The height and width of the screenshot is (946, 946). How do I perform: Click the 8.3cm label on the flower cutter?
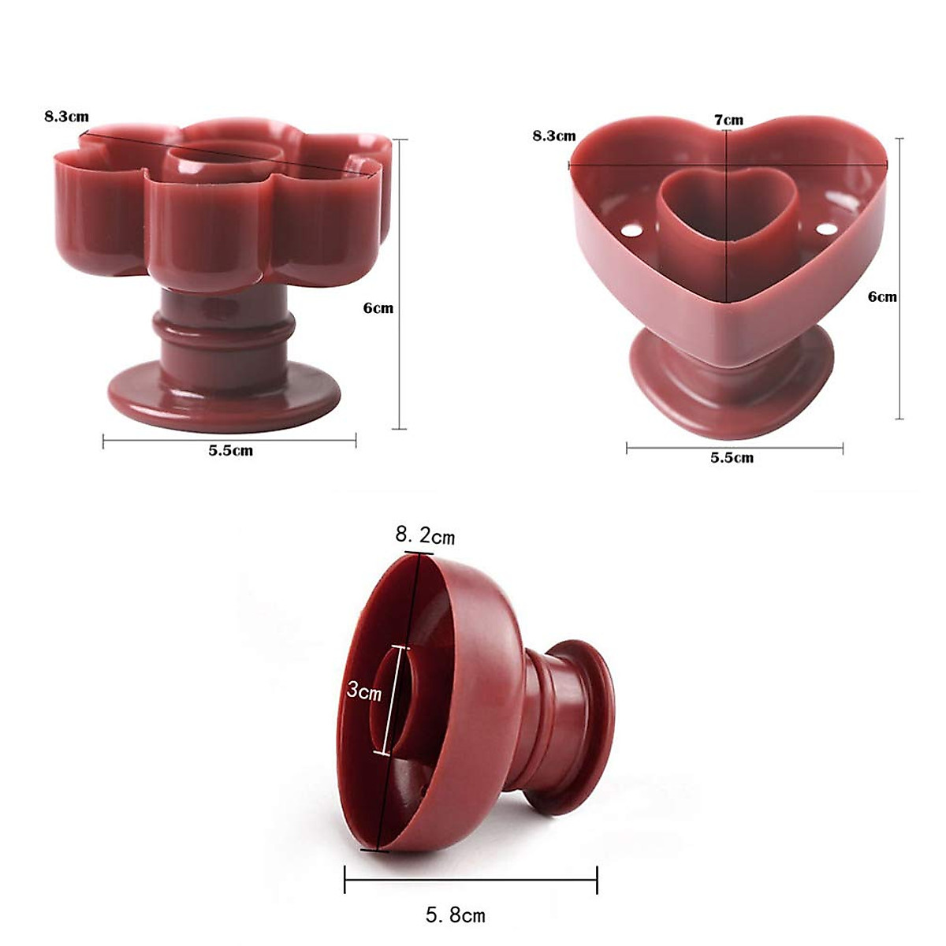pos(66,117)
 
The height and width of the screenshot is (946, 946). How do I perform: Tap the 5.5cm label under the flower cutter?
pos(230,451)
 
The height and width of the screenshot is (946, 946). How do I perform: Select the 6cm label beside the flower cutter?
pos(378,308)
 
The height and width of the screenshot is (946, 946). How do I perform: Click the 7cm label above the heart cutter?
pos(728,120)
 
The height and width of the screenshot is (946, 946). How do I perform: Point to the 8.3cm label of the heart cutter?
pos(553,136)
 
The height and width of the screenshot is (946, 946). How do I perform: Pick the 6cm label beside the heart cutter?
pos(882,296)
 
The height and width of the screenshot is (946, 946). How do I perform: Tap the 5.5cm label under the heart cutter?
pos(732,457)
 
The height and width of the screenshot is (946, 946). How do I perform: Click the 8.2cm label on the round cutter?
pos(425,536)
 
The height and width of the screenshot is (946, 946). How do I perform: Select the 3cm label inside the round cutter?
pos(363,691)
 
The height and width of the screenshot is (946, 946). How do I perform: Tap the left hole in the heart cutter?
pos(631,232)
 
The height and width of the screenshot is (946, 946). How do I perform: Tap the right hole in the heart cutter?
pos(826,229)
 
